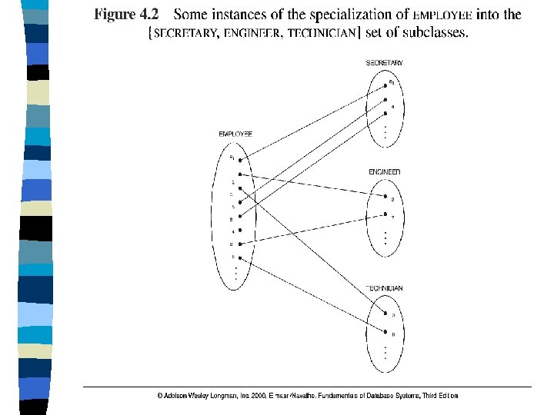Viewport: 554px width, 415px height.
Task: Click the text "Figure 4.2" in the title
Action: coord(126,14)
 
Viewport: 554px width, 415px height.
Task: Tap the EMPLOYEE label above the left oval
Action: coord(235,134)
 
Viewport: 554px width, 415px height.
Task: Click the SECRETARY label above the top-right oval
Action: coord(384,63)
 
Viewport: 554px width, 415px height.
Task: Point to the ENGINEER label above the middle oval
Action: coord(384,171)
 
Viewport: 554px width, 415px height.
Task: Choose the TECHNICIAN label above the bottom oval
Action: coord(384,288)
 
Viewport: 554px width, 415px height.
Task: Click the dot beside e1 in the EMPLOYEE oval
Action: coord(241,161)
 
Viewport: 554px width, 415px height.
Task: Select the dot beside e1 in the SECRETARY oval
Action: coord(385,82)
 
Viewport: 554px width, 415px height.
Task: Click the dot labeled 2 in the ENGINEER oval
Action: coord(385,199)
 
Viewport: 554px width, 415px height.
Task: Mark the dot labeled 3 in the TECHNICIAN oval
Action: coord(385,314)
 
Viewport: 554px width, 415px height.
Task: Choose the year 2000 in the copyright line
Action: coord(257,395)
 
